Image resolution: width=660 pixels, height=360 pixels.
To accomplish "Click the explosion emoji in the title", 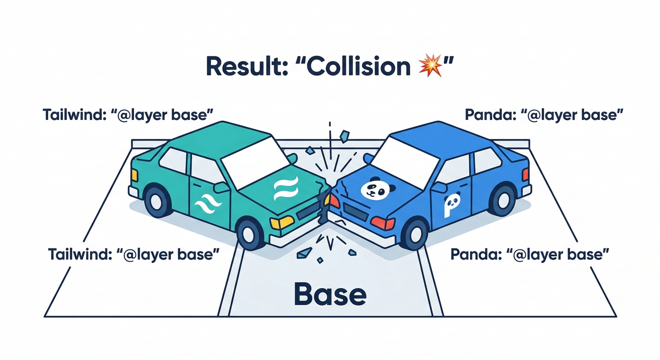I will (429, 66).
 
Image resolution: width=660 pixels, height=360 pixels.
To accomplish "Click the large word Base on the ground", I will (330, 294).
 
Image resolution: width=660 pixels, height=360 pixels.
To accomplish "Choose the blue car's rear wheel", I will (502, 201).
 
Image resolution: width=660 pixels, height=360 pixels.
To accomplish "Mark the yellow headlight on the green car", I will (282, 222).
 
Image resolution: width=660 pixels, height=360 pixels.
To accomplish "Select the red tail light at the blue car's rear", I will (525, 174).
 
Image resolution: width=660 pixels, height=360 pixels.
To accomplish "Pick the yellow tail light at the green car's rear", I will (134, 175).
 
